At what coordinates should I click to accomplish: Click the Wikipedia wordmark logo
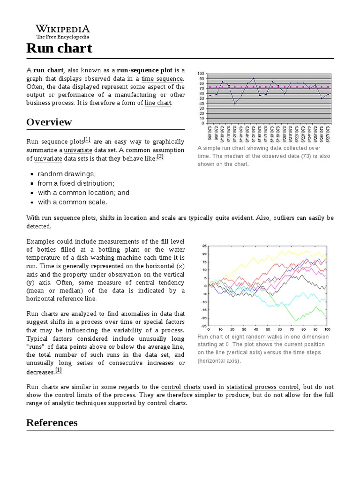point(63,29)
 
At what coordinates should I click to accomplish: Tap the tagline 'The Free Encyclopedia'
point(63,37)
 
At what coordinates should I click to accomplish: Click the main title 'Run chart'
point(59,48)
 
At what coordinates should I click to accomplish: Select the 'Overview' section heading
point(49,122)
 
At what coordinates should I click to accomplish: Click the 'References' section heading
point(52,423)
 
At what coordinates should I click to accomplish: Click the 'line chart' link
point(158,103)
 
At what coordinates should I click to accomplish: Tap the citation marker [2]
point(160,157)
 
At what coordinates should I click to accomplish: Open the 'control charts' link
point(180,387)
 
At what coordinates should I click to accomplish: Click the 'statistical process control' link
point(262,387)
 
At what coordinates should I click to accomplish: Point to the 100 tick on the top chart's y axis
point(201,74)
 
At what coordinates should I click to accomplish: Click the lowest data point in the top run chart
point(235,104)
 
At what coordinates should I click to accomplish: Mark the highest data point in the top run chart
point(254,78)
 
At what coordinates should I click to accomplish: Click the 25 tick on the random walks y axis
point(204,246)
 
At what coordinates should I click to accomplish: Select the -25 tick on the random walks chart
point(203,325)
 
